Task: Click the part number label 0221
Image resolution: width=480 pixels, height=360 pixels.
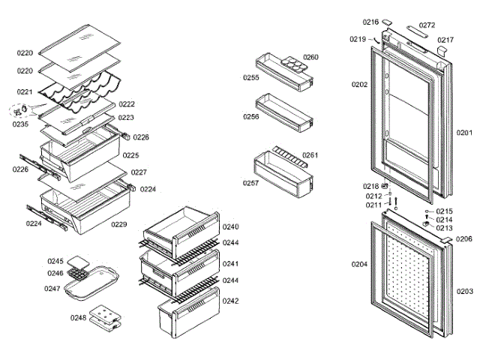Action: pos(25,91)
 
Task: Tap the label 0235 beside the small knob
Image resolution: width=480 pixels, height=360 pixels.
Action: pos(20,124)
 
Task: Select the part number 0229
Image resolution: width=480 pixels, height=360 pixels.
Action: pos(118,224)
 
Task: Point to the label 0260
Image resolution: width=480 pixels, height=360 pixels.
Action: pos(310,57)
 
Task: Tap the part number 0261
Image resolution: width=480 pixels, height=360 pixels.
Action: pos(310,155)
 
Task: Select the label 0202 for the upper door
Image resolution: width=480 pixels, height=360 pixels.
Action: pos(359,85)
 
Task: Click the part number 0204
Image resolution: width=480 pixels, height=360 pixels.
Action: pos(359,263)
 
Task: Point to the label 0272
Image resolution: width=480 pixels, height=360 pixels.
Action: pos(427,25)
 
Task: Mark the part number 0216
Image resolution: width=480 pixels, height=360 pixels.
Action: pos(370,22)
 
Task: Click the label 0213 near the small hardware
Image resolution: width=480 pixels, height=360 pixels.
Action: pos(445,228)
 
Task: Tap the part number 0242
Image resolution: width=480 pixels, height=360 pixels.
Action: pos(230,301)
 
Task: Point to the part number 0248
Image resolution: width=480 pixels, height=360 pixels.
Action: pos(79,317)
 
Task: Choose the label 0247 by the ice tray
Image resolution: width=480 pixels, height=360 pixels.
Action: pos(52,288)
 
